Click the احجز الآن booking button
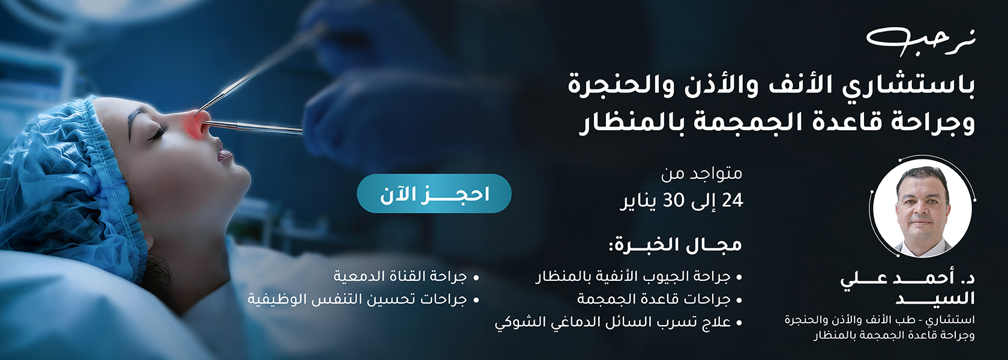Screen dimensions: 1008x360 [434, 193]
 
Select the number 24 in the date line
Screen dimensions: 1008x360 [732, 200]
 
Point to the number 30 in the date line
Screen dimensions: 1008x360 [674, 200]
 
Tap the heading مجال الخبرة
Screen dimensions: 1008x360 [675, 245]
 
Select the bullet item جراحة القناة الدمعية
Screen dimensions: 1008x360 [400, 276]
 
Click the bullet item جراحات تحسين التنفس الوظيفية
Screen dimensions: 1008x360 [358, 299]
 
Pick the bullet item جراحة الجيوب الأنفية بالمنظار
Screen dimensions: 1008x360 [632, 277]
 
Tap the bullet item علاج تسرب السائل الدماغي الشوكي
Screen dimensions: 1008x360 [613, 322]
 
